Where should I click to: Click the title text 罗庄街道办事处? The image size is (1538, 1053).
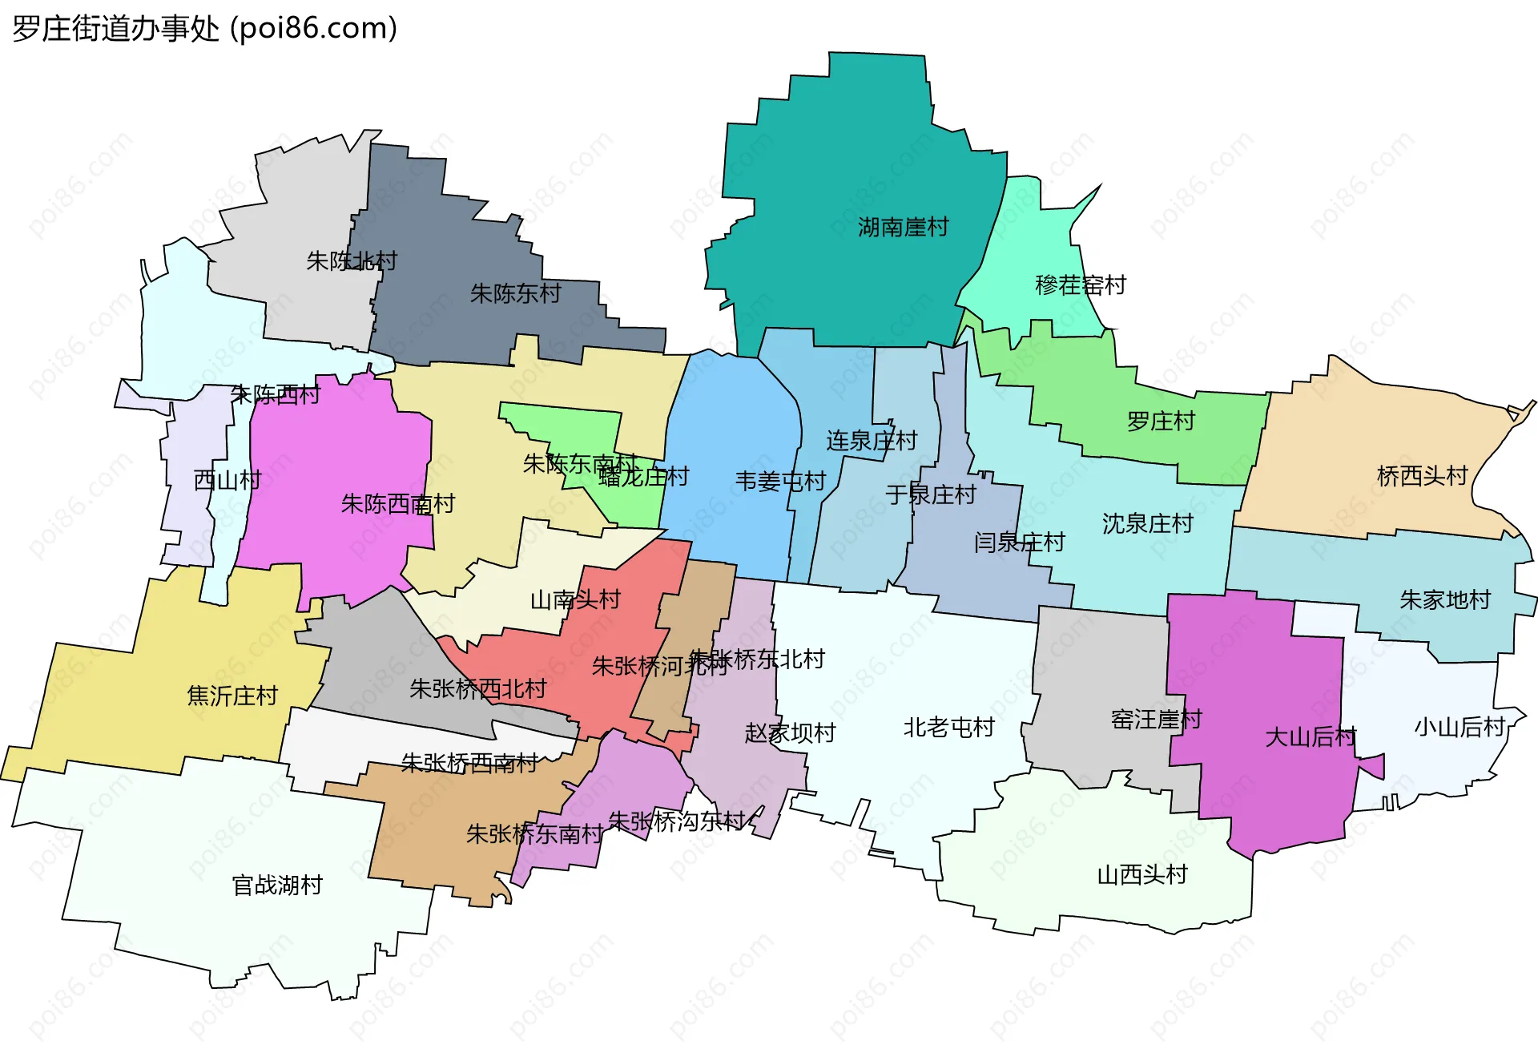pos(116,29)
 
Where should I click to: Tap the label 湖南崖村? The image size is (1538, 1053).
pos(903,228)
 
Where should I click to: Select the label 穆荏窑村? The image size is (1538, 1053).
pos(1081,285)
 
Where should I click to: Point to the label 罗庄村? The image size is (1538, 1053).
pos(1161,422)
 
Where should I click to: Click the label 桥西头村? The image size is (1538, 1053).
pos(1422,476)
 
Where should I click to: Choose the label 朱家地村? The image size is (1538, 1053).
pos(1444,600)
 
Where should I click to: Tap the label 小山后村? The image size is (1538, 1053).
pos(1459,728)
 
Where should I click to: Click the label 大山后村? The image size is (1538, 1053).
pos(1310,737)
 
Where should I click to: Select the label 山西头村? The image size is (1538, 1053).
pos(1141,875)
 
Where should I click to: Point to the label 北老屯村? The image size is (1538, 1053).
pos(948,728)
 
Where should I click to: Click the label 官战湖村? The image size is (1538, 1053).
pos(277,886)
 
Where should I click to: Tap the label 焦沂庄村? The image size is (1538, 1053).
pos(232,696)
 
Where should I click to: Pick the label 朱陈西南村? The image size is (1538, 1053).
pos(397,504)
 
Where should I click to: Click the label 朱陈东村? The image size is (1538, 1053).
pos(515,294)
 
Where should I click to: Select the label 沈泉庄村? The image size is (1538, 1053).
pos(1147,524)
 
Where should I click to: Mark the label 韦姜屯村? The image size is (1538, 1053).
pos(780,482)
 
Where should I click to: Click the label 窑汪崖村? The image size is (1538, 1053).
pos(1156,720)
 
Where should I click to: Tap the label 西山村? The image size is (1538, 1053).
pos(227,481)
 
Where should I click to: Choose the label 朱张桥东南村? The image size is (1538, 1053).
pos(534,834)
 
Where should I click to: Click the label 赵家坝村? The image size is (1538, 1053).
pos(790,733)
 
